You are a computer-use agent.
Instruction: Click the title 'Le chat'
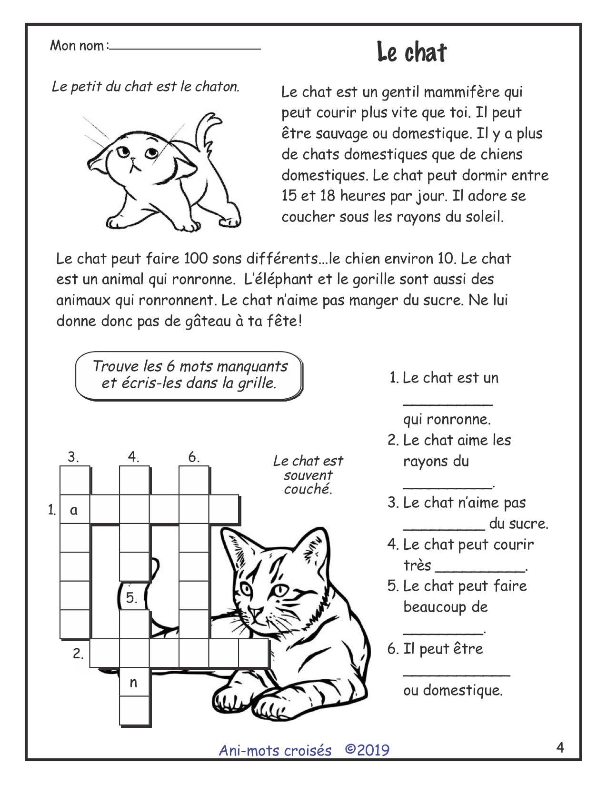(x=412, y=52)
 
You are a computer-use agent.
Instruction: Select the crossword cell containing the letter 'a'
(x=74, y=510)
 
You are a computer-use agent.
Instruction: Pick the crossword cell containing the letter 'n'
(x=134, y=683)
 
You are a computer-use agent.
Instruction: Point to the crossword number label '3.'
(x=73, y=458)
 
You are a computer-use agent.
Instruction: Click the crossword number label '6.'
(x=194, y=458)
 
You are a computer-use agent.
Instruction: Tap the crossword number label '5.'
(x=132, y=598)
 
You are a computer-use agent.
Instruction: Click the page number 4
(x=560, y=748)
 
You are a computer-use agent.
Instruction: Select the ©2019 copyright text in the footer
(x=367, y=750)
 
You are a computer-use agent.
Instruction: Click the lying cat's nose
(x=256, y=612)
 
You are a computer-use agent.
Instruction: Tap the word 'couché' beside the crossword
(x=308, y=489)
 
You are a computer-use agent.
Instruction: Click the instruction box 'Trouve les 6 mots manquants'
(x=189, y=374)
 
